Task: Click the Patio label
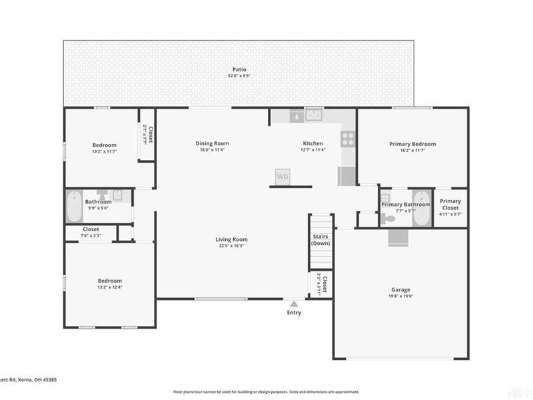[238, 69]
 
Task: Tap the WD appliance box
[282, 177]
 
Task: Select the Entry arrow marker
[294, 303]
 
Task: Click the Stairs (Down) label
[320, 239]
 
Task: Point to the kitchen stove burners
[347, 138]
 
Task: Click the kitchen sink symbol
[313, 117]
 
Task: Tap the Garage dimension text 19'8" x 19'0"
[400, 296]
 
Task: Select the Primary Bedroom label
[412, 144]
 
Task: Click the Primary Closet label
[450, 204]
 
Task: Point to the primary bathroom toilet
[390, 217]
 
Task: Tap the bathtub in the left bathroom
[73, 207]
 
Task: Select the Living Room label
[231, 239]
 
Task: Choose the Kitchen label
[313, 143]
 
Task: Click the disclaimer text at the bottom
[266, 392]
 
